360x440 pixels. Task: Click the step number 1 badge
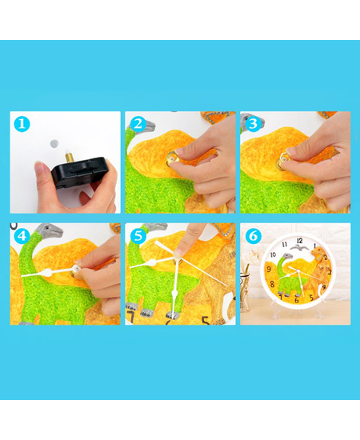[22, 124]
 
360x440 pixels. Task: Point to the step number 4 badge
[22, 236]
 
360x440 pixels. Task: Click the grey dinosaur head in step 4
[50, 231]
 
